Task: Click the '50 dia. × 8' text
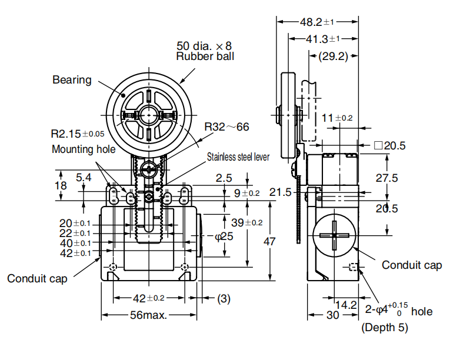(x=205, y=45)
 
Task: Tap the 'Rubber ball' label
(x=205, y=56)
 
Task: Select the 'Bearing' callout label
(x=72, y=79)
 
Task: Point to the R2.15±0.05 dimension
(x=78, y=133)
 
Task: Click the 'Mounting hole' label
(x=84, y=149)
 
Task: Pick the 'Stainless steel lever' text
(x=238, y=157)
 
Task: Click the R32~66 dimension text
(x=226, y=126)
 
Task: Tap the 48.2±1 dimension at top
(x=317, y=22)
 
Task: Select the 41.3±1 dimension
(x=323, y=39)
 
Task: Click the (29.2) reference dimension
(x=333, y=57)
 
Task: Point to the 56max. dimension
(x=149, y=315)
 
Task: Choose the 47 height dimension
(x=269, y=241)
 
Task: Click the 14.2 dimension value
(x=346, y=305)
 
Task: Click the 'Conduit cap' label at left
(x=37, y=278)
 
